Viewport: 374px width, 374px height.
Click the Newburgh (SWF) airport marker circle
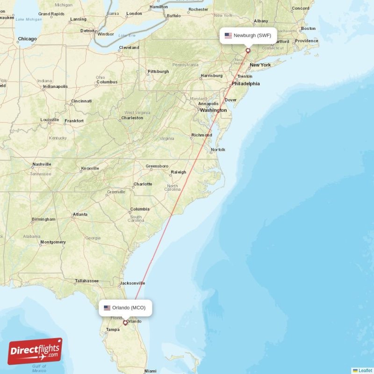[x=248, y=50]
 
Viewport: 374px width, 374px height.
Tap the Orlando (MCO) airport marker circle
[x=125, y=322]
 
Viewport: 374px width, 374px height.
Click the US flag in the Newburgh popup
[x=228, y=36]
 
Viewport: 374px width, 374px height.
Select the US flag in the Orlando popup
[x=107, y=308]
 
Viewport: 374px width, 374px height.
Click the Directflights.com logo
[x=35, y=351]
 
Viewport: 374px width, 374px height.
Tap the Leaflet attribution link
[x=365, y=370]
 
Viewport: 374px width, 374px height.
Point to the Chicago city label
[x=27, y=39]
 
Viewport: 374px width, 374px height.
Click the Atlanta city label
[x=80, y=215]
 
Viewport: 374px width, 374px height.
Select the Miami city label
[x=151, y=371]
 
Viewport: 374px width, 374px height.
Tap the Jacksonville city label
[x=133, y=283]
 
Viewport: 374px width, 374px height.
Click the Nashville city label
[x=42, y=165]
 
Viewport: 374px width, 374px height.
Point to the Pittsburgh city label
[x=158, y=72]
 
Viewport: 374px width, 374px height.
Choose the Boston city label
[x=309, y=29]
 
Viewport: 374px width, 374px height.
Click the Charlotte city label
[x=143, y=184]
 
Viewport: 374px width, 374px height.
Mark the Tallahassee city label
[x=87, y=281]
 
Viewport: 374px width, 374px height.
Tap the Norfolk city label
[x=218, y=150]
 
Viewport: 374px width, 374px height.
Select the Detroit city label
[x=88, y=30]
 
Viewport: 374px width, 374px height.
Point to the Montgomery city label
[x=53, y=242]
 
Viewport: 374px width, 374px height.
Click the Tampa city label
[x=113, y=330]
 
